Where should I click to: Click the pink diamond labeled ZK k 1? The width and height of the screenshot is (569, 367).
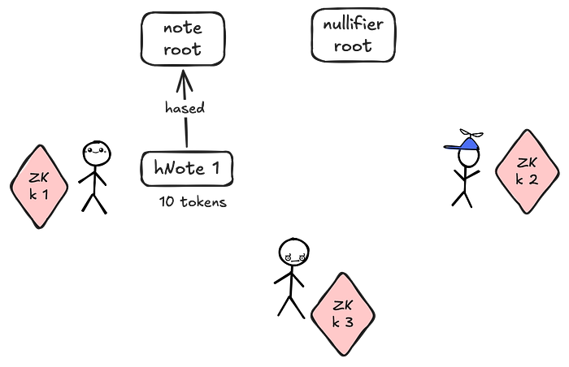tap(37, 187)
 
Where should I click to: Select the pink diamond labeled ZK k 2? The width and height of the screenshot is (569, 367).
tap(527, 171)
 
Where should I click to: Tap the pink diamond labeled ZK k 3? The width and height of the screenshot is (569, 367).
tap(343, 313)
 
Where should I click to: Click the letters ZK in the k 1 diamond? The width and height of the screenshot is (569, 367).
tap(37, 179)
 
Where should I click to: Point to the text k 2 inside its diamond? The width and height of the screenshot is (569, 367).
tap(527, 180)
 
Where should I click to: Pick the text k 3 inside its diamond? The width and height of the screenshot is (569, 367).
tap(343, 322)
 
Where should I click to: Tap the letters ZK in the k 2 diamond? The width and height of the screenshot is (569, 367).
tap(527, 162)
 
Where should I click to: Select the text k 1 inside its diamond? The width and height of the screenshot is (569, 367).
tap(37, 196)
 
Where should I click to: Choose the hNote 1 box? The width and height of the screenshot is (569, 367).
tap(187, 167)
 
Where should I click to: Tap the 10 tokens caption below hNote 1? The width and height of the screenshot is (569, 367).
tap(193, 203)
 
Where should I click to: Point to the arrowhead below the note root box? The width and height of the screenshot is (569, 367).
tap(184, 78)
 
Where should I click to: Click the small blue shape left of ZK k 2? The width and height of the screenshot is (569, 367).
tap(463, 147)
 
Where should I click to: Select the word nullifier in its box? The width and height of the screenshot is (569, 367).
tap(353, 25)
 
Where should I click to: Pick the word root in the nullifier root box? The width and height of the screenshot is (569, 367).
tap(353, 46)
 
